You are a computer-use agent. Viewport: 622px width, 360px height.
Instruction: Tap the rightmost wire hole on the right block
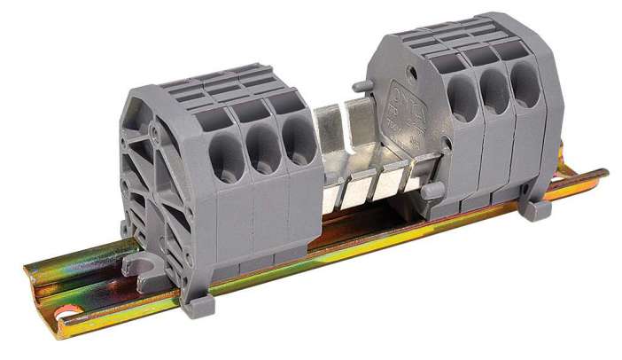tap(525, 89)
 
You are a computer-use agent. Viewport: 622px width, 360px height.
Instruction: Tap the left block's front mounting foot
tap(199, 305)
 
